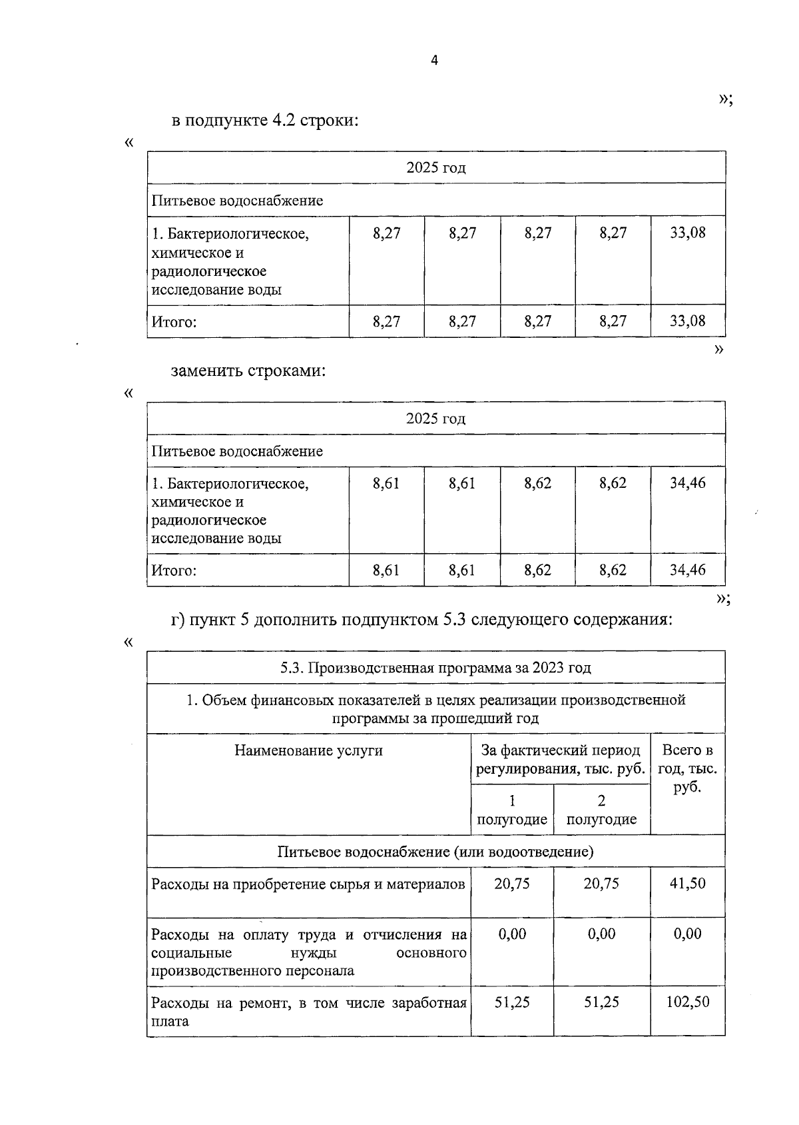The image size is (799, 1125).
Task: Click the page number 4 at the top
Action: [x=435, y=61]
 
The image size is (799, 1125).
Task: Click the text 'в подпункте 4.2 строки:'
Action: [x=265, y=121]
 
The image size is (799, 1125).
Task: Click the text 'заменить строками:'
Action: [x=248, y=371]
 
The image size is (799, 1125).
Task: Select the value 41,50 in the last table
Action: [x=687, y=884]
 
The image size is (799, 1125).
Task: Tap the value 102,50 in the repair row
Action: [x=687, y=1002]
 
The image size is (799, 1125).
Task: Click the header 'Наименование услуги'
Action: [x=308, y=750]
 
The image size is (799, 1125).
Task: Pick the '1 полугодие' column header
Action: [x=512, y=810]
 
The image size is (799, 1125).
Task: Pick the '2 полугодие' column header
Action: [x=601, y=810]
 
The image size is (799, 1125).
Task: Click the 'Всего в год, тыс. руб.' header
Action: [x=687, y=768]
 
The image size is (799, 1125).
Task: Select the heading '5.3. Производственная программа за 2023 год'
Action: [x=435, y=667]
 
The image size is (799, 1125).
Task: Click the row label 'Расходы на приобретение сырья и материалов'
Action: [x=308, y=884]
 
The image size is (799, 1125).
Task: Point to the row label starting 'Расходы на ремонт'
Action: [x=308, y=1011]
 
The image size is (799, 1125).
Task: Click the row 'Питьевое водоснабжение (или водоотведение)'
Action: [x=435, y=852]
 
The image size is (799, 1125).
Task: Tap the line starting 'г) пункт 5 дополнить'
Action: [x=421, y=620]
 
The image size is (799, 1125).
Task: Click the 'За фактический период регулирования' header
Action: [x=561, y=759]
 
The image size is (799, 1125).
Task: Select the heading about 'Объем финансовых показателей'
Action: [x=435, y=708]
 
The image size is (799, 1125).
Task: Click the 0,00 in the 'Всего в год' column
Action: [x=687, y=934]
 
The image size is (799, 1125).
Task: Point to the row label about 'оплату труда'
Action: [x=308, y=952]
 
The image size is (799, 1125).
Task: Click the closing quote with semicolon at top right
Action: [x=725, y=99]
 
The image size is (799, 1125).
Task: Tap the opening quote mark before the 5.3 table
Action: [x=129, y=641]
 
